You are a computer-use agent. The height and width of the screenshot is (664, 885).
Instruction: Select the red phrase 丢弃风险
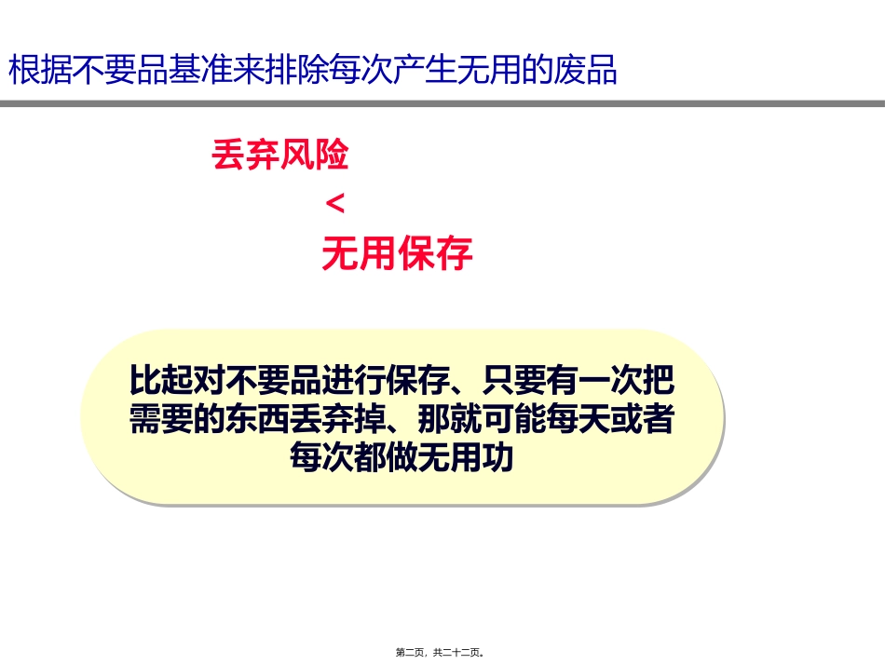(280, 156)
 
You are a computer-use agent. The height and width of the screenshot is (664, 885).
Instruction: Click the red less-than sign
(336, 204)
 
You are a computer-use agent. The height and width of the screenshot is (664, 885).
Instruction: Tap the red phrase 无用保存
(397, 253)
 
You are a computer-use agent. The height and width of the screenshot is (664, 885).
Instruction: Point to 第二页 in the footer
(411, 653)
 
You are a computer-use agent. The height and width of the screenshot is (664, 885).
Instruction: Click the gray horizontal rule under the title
(442, 103)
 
